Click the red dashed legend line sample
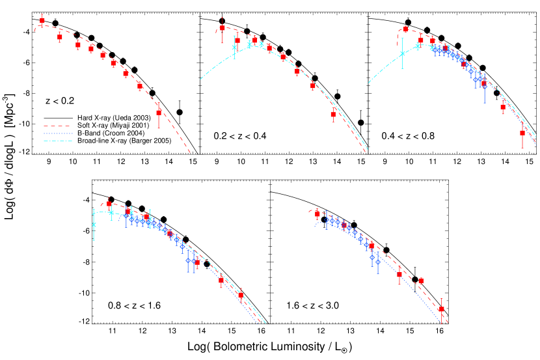click(57, 126)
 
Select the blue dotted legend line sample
click(57, 133)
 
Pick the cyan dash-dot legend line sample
click(57, 141)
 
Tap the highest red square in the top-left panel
click(42, 21)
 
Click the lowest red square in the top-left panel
click(159, 112)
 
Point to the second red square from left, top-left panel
click(60, 37)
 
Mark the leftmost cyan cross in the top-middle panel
click(234, 48)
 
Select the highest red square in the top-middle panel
click(223, 28)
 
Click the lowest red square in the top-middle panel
click(333, 114)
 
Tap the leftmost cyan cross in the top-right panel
click(402, 54)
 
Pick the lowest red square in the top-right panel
click(522, 133)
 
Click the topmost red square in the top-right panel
click(406, 29)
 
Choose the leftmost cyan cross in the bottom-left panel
click(94, 225)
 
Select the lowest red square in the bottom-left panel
click(241, 295)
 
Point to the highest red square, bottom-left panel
click(109, 204)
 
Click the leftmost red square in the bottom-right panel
click(317, 214)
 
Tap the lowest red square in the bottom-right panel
click(441, 309)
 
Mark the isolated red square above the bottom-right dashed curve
click(421, 281)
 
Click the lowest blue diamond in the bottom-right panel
click(378, 262)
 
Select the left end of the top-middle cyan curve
click(200, 79)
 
